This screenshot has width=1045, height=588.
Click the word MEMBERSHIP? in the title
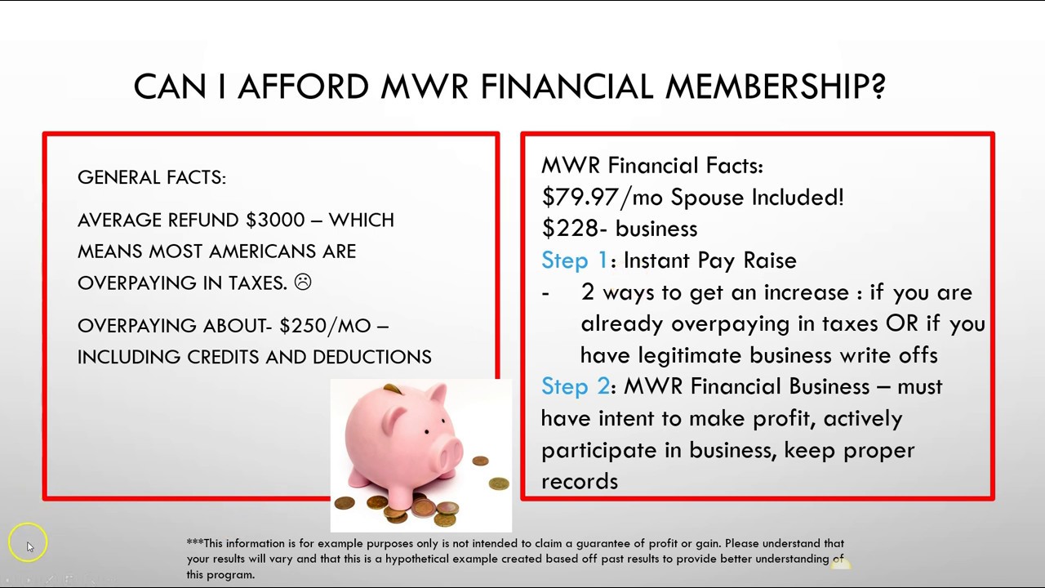pos(776,87)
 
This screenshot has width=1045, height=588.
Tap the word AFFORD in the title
pos(303,87)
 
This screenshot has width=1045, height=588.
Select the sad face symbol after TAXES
pos(302,283)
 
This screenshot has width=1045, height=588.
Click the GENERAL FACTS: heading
pos(152,177)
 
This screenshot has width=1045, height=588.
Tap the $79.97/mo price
pos(602,197)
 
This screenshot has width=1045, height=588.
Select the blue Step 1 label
pos(574,261)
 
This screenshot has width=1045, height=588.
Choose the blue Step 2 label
pos(575,386)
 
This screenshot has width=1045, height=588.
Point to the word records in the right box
pos(579,481)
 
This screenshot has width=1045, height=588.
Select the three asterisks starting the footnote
pos(194,543)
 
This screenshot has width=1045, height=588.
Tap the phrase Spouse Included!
pos(757,197)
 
